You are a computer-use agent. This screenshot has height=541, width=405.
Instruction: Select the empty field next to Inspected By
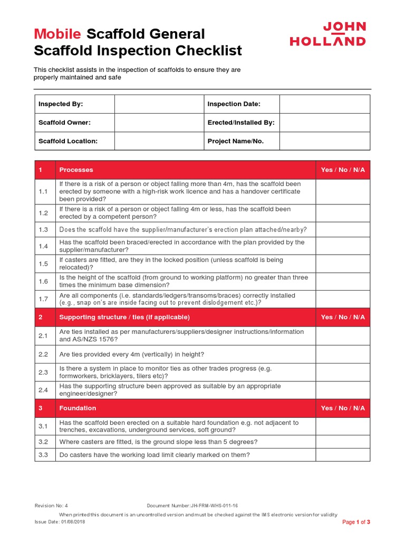pyautogui.click(x=159, y=104)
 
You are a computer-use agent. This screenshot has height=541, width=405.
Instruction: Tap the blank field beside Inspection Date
pyautogui.click(x=324, y=104)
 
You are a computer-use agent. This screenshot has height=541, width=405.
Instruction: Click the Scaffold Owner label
pyautogui.click(x=64, y=123)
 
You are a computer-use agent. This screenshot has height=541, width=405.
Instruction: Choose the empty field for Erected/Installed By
pyautogui.click(x=324, y=123)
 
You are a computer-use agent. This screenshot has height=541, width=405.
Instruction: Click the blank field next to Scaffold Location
pyautogui.click(x=159, y=141)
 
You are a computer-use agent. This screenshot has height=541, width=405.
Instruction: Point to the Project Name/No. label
pyautogui.click(x=235, y=141)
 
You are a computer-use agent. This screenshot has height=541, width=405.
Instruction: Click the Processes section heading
pyautogui.click(x=76, y=170)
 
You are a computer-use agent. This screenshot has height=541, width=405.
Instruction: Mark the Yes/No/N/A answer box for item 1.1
pyautogui.click(x=343, y=191)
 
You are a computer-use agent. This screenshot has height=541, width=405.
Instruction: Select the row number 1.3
pyautogui.click(x=43, y=230)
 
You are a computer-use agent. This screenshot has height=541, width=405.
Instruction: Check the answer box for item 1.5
pyautogui.click(x=343, y=264)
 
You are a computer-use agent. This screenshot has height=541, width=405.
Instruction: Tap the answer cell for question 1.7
pyautogui.click(x=343, y=299)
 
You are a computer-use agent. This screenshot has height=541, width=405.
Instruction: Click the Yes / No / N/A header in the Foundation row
pyautogui.click(x=343, y=408)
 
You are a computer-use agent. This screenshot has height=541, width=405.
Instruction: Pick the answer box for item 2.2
pyautogui.click(x=343, y=354)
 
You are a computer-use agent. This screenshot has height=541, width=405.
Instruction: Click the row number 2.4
pyautogui.click(x=43, y=390)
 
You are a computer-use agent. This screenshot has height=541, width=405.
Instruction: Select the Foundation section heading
pyautogui.click(x=78, y=408)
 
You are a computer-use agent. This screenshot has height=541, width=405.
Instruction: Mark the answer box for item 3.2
pyautogui.click(x=343, y=442)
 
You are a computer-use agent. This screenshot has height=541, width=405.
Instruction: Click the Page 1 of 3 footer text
pyautogui.click(x=356, y=522)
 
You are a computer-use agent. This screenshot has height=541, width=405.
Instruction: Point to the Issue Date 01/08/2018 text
pyautogui.click(x=60, y=521)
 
